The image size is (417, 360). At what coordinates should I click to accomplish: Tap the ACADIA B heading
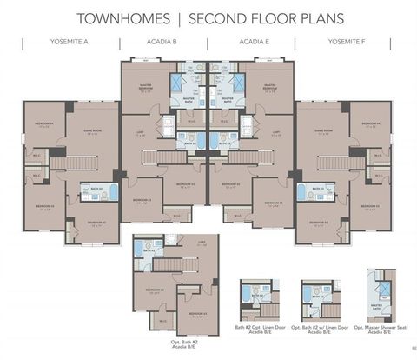(x=161, y=42)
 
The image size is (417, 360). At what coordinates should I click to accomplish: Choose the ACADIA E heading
(x=255, y=42)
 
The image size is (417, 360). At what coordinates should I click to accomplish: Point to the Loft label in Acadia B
(x=140, y=134)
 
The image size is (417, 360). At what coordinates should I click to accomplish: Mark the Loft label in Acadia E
(x=276, y=134)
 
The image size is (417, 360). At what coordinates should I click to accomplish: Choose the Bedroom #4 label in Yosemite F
(x=372, y=125)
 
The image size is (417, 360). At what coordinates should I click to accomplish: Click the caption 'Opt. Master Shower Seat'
(x=379, y=329)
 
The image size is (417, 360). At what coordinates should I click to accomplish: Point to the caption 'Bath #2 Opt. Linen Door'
(x=259, y=329)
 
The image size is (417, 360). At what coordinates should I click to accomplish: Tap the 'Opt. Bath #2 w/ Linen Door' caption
(x=320, y=329)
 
